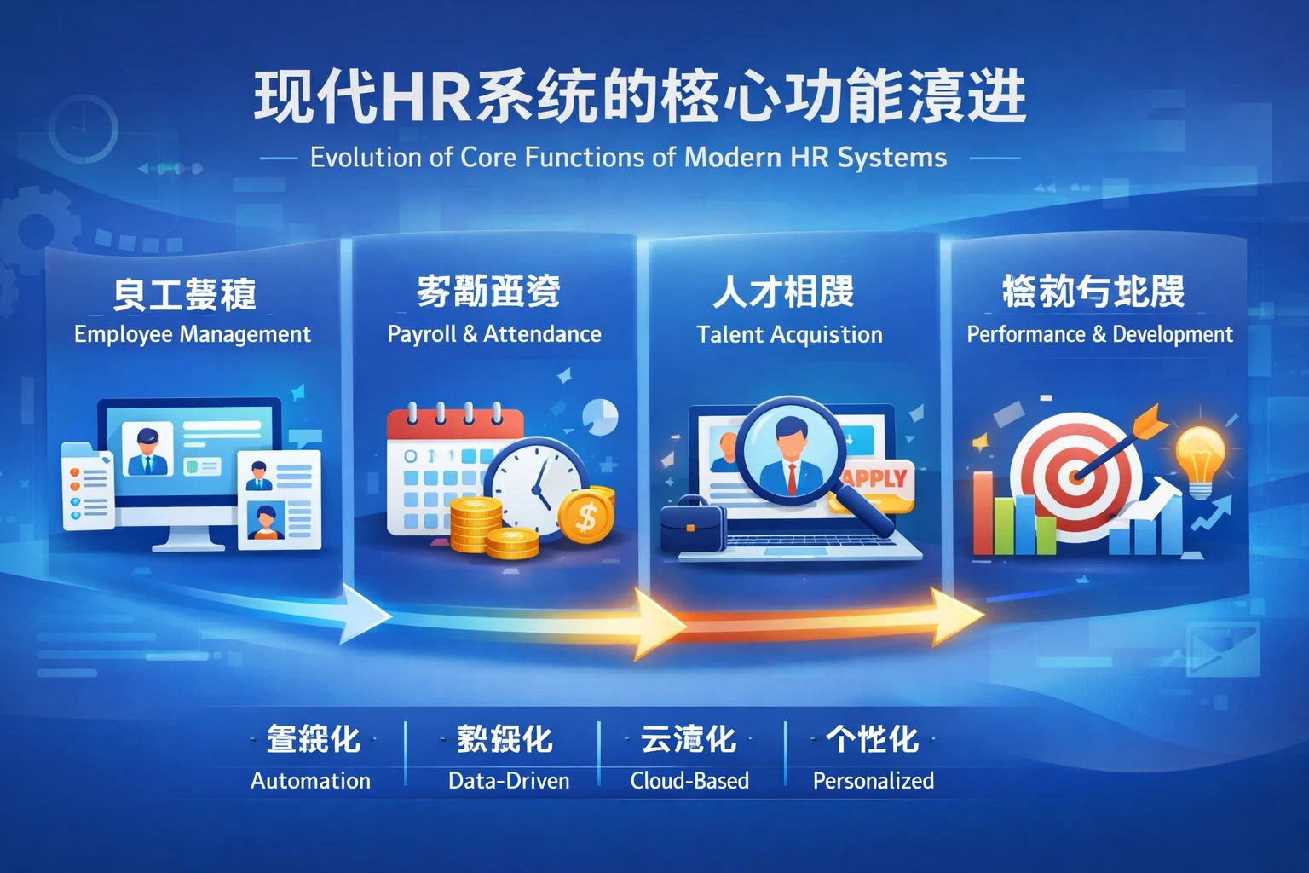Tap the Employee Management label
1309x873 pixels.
click(x=192, y=334)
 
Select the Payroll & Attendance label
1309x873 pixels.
click(x=494, y=334)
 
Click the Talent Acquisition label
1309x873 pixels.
click(x=789, y=335)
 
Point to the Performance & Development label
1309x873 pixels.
click(x=1099, y=334)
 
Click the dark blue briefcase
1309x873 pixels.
click(x=693, y=527)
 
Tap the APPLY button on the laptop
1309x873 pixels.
click(x=876, y=480)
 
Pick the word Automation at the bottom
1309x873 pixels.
click(x=310, y=781)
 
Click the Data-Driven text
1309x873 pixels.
click(x=509, y=781)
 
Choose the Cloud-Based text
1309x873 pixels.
click(x=689, y=781)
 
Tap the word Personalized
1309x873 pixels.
click(x=873, y=781)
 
